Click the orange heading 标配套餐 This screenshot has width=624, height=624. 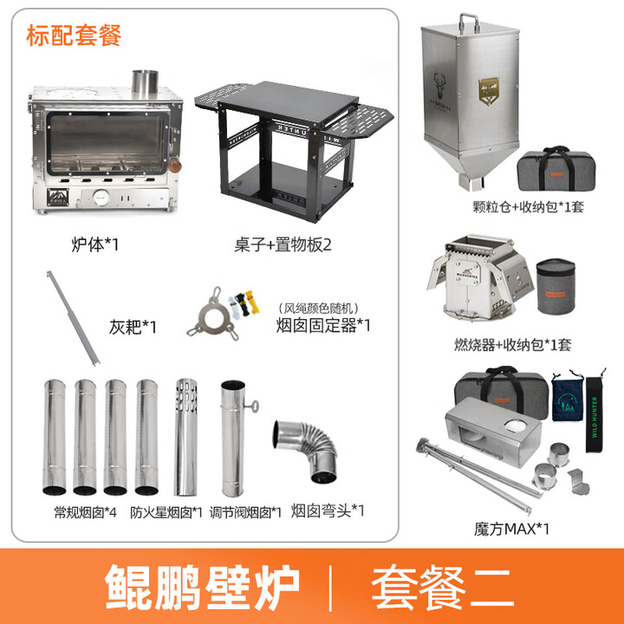tap(74, 36)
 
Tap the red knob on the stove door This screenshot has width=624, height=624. tap(175, 166)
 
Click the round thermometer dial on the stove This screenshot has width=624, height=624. tap(101, 198)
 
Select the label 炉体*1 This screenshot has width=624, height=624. tap(95, 244)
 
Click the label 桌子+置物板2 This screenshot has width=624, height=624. tap(283, 244)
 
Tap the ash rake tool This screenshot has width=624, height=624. tap(73, 317)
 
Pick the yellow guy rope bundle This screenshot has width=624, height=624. tap(252, 302)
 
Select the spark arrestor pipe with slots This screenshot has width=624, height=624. tap(186, 437)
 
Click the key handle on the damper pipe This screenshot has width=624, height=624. tap(252, 406)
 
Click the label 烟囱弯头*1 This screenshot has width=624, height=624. tap(328, 510)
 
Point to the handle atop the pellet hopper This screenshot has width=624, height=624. tap(469, 23)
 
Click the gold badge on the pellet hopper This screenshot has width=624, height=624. tap(489, 91)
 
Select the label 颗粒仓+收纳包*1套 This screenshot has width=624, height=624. tap(528, 206)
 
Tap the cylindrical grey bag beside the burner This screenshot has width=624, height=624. tap(556, 286)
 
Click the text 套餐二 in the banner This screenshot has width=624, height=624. tap(443, 587)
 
